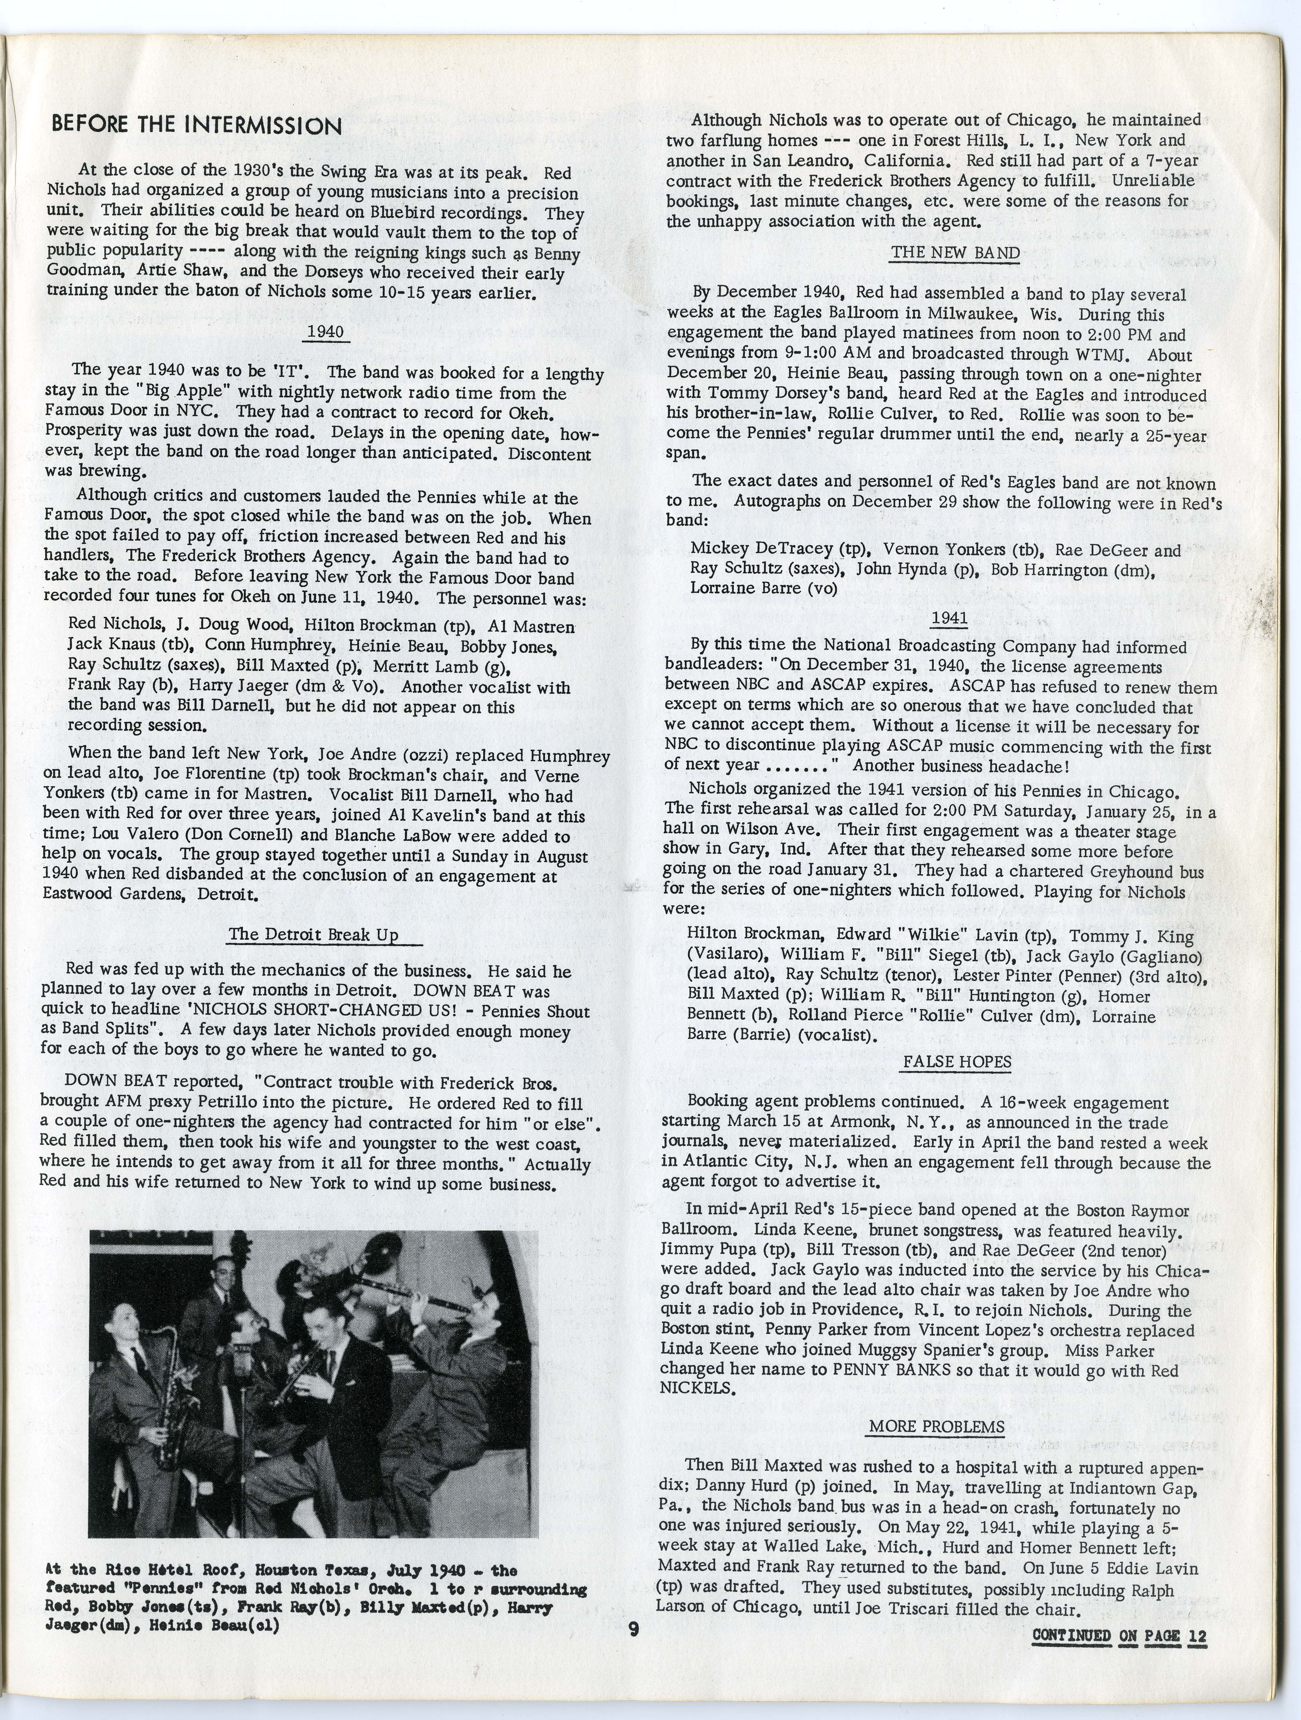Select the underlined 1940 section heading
pyautogui.click(x=325, y=332)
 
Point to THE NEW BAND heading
pyautogui.click(x=955, y=253)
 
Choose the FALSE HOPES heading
pyautogui.click(x=957, y=1062)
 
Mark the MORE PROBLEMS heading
pyautogui.click(x=936, y=1427)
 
